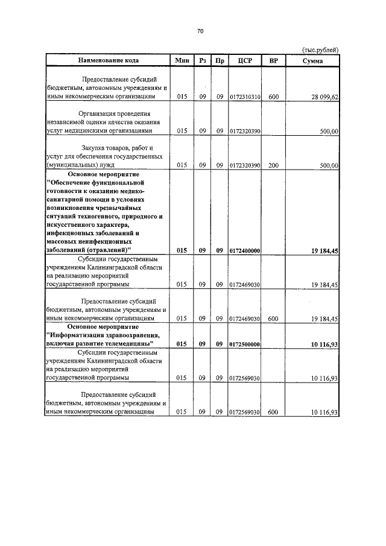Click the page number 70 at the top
(x=200, y=31)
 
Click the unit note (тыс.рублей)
(x=320, y=50)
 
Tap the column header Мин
(x=182, y=61)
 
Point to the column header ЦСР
(x=245, y=61)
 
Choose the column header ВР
(x=274, y=61)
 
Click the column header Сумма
(x=312, y=61)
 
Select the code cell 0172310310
(x=245, y=97)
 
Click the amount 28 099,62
(x=325, y=97)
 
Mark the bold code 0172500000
(x=245, y=344)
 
